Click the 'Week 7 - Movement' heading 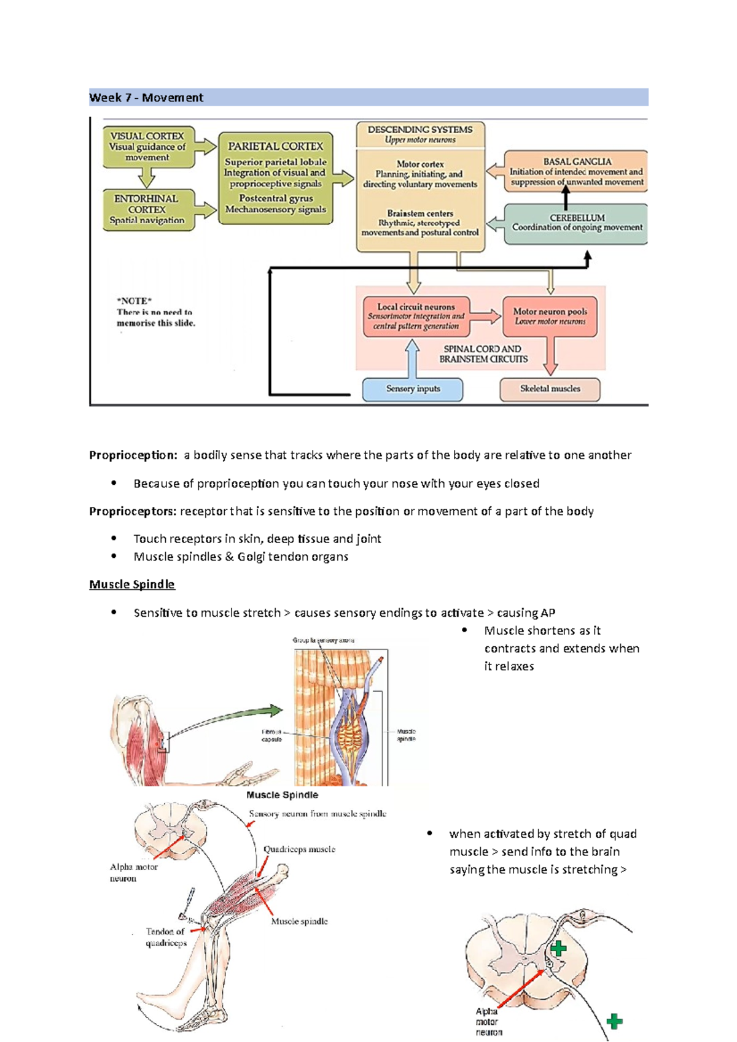146,98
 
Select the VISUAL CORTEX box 147,147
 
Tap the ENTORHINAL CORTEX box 147,209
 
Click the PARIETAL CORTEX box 275,178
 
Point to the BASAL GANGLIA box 576,171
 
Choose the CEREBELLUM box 576,223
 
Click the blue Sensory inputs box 413,389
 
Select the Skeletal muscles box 550,389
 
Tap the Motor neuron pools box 550,316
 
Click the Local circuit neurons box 416,316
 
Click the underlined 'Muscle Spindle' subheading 132,584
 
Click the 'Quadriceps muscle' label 299,849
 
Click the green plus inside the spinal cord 558,949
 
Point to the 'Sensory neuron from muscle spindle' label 318,814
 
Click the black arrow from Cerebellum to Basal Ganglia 566,198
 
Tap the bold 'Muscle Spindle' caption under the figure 282,795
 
